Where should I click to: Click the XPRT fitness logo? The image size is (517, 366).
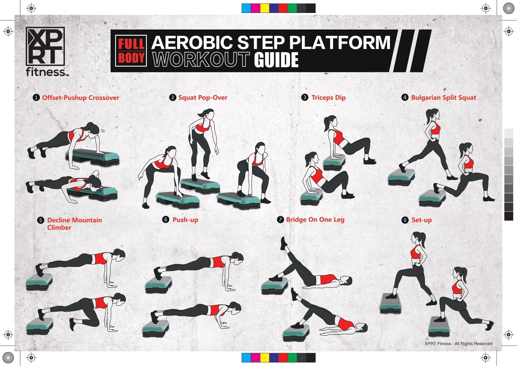pyautogui.click(x=46, y=52)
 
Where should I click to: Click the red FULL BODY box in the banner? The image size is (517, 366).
pyautogui.click(x=131, y=51)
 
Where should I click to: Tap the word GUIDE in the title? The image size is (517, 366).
pyautogui.click(x=276, y=60)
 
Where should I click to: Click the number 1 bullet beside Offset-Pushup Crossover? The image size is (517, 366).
pyautogui.click(x=36, y=98)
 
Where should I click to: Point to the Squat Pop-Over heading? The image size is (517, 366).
pyautogui.click(x=203, y=98)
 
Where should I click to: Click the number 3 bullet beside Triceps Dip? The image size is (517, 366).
pyautogui.click(x=305, y=97)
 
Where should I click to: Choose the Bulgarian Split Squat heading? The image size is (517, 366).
pyautogui.click(x=443, y=98)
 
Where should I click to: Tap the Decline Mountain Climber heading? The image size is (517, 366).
pyautogui.click(x=74, y=224)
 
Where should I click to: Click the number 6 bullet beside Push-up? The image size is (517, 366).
pyautogui.click(x=166, y=219)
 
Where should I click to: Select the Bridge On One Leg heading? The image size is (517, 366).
pyautogui.click(x=315, y=219)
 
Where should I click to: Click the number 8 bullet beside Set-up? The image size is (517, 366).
pyautogui.click(x=405, y=220)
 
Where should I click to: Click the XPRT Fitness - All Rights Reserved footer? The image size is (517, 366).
pyautogui.click(x=458, y=344)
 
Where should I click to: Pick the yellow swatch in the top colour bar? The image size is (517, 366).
pyautogui.click(x=265, y=8)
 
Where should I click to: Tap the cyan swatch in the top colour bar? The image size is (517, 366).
pyautogui.click(x=246, y=8)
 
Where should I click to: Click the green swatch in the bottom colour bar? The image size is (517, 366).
pyautogui.click(x=292, y=358)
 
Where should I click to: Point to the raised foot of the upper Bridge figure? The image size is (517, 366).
pyautogui.click(x=284, y=243)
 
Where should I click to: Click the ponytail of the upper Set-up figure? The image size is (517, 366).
pyautogui.click(x=423, y=239)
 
